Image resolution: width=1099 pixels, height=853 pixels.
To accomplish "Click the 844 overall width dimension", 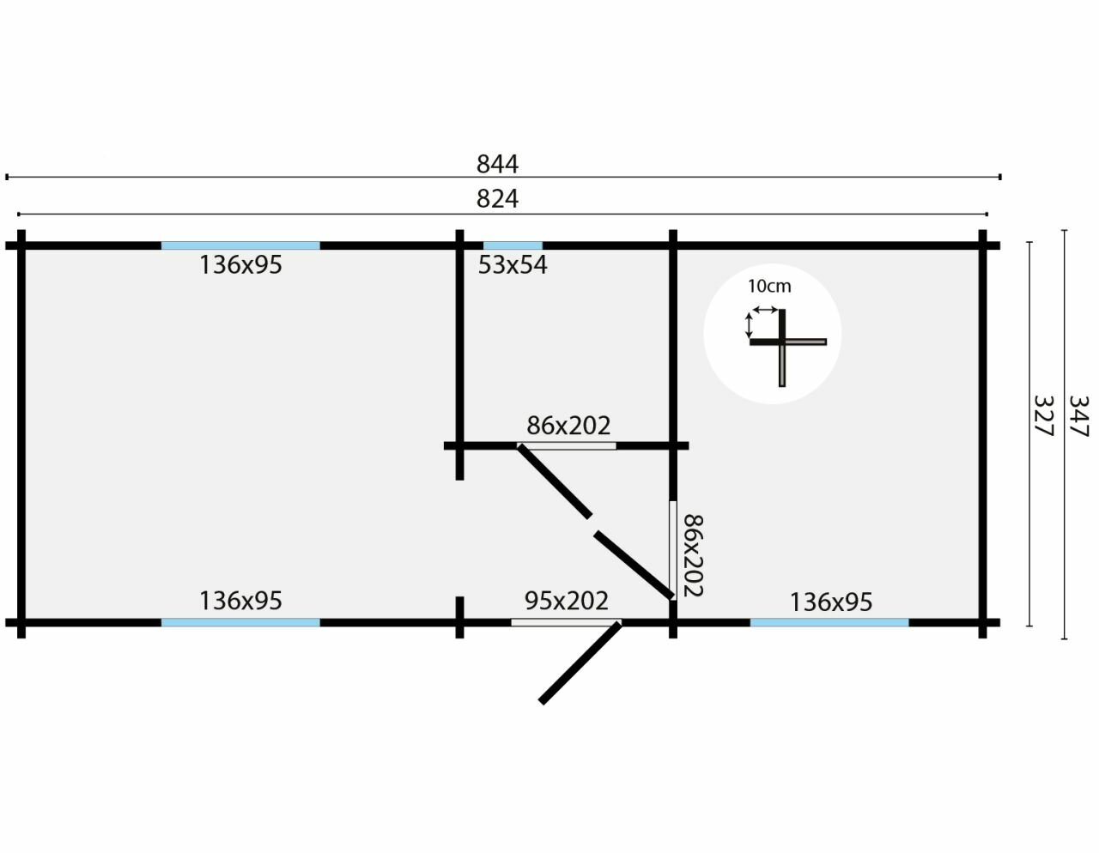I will tap(497, 163).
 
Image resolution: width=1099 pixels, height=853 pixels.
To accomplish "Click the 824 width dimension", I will tap(497, 198).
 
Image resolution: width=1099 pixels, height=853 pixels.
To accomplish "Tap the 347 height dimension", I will tap(1079, 416).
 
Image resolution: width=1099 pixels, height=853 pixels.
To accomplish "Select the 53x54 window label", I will tap(513, 265).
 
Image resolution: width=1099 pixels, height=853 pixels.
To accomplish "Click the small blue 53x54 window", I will tap(513, 245).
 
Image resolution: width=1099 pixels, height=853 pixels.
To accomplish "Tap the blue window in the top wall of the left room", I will tap(240, 245).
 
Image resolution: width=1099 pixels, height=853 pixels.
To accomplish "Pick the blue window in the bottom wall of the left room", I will tap(240, 622).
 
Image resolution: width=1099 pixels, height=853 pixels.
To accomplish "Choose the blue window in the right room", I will tap(829, 622).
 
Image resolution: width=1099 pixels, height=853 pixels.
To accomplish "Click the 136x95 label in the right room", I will tap(830, 602).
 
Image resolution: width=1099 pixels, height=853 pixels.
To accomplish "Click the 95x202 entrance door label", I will tap(566, 600).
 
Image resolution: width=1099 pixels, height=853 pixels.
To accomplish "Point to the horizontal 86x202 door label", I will tap(568, 425).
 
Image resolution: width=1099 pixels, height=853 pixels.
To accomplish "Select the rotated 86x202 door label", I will tap(693, 555).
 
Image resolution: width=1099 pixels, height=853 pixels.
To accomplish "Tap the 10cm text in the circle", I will tap(768, 287).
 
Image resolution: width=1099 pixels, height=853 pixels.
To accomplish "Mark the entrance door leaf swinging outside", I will tap(580, 662).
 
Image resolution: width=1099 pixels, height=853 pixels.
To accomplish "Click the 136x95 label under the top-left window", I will tap(240, 265).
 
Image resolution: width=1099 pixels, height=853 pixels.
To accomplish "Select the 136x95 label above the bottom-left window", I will tap(240, 600).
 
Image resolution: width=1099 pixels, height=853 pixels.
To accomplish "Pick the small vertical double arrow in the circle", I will tap(750, 325).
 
